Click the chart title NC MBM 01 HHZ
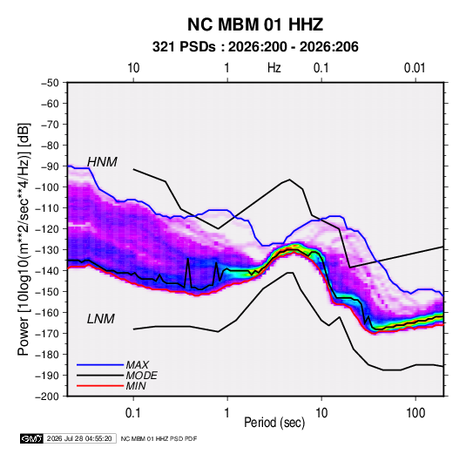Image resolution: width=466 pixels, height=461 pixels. coord(255,24)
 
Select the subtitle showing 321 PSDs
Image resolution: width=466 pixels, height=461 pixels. coord(255,47)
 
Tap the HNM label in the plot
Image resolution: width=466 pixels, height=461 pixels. coord(102,162)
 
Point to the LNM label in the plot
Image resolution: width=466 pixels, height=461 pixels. coord(101,319)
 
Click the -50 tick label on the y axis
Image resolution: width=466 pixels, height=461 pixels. coord(51,83)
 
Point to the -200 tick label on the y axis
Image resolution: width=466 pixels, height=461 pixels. coord(48,397)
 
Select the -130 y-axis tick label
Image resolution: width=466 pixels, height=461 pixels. coord(48,250)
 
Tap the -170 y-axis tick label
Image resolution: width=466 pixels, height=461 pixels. coord(48,334)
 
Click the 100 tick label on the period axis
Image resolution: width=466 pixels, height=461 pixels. coord(415,413)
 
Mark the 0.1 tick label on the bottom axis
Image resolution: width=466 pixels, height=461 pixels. coord(133,413)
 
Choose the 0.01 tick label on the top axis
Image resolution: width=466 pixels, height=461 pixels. coord(415,68)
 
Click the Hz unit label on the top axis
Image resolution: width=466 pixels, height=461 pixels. coord(274,68)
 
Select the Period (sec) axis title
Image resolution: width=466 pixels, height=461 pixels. coord(274,423)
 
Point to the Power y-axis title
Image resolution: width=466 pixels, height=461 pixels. coord(24,240)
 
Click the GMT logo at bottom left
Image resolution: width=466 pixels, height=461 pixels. coord(32,438)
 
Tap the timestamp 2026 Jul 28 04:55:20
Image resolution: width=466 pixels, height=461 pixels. coord(79,438)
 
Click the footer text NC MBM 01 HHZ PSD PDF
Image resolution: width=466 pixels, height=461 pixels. coord(159,438)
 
